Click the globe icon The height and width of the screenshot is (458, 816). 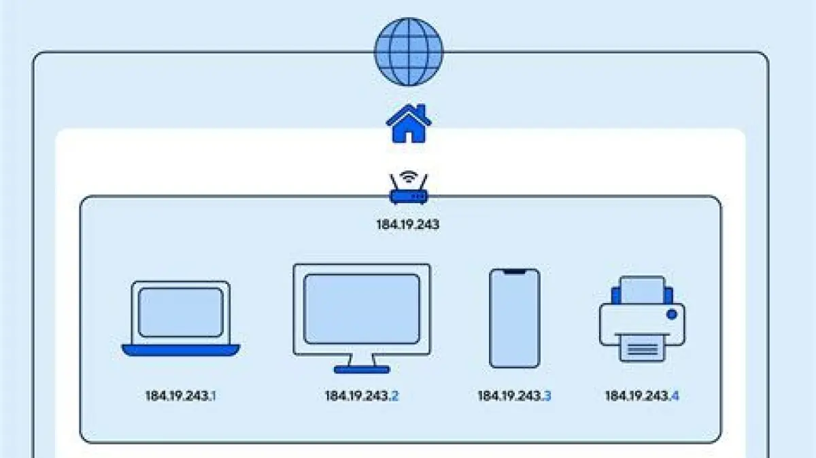click(409, 52)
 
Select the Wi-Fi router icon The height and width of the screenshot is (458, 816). click(409, 190)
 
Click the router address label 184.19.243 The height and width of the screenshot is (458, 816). click(408, 224)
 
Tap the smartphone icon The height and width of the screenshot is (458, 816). click(515, 318)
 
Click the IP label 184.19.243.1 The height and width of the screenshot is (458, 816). click(181, 395)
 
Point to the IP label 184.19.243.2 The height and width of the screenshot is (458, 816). click(362, 395)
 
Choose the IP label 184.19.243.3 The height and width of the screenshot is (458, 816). click(514, 395)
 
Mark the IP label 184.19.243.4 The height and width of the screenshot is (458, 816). click(642, 395)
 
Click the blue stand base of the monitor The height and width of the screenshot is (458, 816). click(362, 369)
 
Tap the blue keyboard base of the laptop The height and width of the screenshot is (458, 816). click(181, 350)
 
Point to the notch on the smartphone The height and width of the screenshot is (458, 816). click(515, 272)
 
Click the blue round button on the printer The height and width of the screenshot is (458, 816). click(672, 315)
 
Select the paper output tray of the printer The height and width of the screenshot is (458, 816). click(642, 350)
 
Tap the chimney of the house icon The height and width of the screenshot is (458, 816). click(422, 111)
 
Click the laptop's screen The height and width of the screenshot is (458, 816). click(181, 312)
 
